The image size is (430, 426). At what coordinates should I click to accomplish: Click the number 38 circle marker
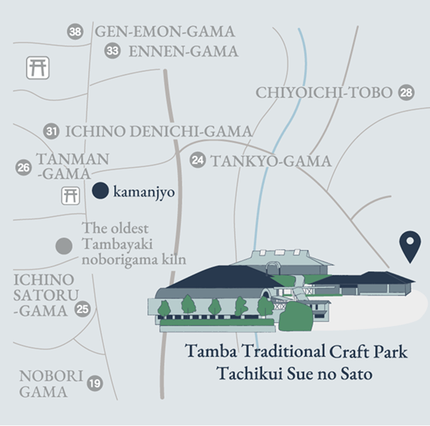click(75, 32)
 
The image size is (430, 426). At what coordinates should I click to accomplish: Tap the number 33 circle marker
click(112, 51)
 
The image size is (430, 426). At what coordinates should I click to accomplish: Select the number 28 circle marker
click(406, 93)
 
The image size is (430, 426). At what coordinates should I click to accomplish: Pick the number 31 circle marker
click(52, 131)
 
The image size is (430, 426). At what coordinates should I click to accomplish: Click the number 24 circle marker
click(197, 161)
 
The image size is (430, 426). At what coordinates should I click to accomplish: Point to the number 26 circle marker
click(23, 167)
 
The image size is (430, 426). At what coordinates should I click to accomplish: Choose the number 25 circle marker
click(82, 309)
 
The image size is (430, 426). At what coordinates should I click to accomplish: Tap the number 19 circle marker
click(94, 384)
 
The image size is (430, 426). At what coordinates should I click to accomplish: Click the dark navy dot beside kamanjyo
click(100, 192)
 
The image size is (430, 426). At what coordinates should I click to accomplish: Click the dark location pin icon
click(408, 246)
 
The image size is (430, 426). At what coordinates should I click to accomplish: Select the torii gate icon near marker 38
click(37, 67)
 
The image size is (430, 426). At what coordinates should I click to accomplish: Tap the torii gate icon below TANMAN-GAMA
click(70, 196)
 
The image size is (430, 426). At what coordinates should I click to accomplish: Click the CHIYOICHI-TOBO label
click(324, 93)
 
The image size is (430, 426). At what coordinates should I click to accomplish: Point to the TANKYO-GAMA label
click(271, 161)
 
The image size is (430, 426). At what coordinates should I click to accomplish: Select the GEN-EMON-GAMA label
click(165, 31)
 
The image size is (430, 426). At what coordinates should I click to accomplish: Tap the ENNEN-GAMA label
click(183, 51)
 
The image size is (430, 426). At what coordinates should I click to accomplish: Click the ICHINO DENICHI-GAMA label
click(158, 131)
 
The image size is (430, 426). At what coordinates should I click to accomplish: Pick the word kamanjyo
click(144, 192)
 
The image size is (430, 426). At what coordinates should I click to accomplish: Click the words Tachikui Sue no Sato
click(294, 373)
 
